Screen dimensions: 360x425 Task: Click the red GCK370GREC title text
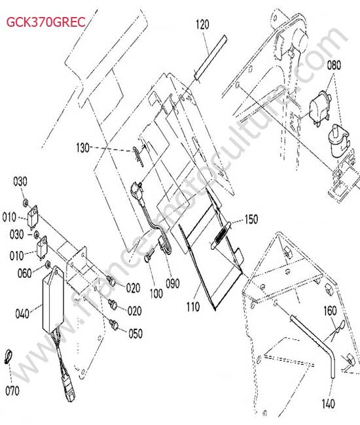tap(46, 22)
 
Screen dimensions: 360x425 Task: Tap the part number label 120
tap(202, 24)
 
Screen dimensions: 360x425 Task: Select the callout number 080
tap(334, 65)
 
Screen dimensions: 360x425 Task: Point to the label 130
tap(82, 148)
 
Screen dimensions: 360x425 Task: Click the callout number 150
tap(251, 219)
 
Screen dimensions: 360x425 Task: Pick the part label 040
tap(22, 314)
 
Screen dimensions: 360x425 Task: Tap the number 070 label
tap(12, 391)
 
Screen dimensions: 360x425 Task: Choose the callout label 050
tap(135, 333)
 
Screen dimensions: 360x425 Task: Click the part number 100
tap(156, 294)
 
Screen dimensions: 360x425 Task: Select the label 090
tap(173, 284)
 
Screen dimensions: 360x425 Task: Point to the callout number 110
tap(193, 307)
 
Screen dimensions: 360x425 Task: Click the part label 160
tap(330, 311)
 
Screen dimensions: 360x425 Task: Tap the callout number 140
tap(329, 404)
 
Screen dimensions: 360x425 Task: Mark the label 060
tap(24, 273)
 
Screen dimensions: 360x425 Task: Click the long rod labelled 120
tap(210, 58)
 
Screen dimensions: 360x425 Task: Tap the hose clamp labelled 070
tap(9, 357)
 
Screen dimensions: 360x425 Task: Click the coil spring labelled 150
tap(221, 235)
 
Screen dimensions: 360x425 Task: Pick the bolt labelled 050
tap(114, 324)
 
